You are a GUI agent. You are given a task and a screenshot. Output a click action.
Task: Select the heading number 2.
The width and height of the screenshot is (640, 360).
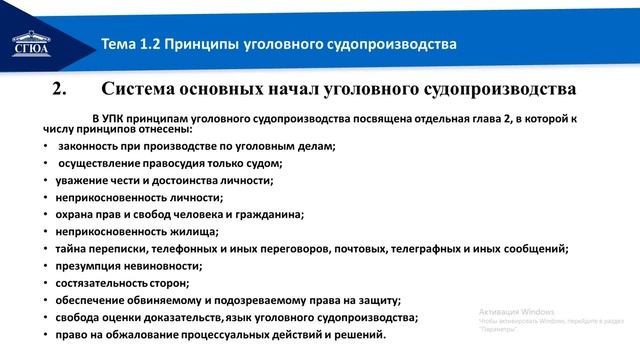pyautogui.click(x=58, y=91)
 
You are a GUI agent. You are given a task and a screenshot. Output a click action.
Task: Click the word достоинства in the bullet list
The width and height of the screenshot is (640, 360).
pyautogui.click(x=173, y=180)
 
